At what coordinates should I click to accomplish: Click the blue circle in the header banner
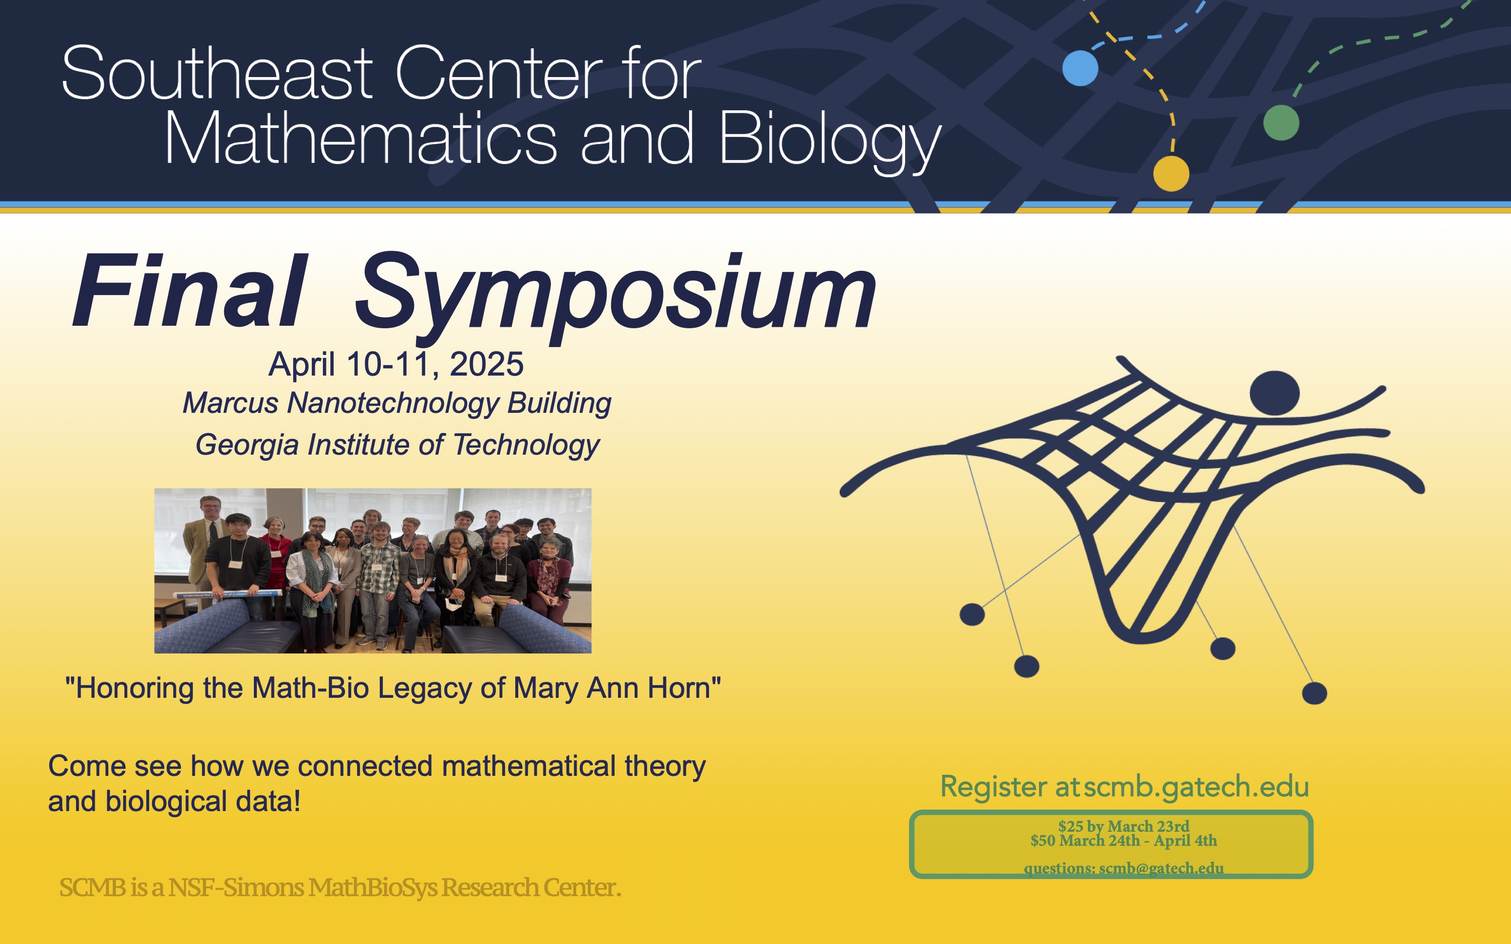point(1080,68)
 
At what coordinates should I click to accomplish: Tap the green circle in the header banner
point(1281,122)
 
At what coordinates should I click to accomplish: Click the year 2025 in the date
point(487,364)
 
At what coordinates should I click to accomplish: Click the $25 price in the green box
point(1071,826)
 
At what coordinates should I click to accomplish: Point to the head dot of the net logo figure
point(1274,393)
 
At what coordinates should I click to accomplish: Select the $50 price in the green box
point(1043,840)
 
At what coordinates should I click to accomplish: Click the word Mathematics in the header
point(361,138)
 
